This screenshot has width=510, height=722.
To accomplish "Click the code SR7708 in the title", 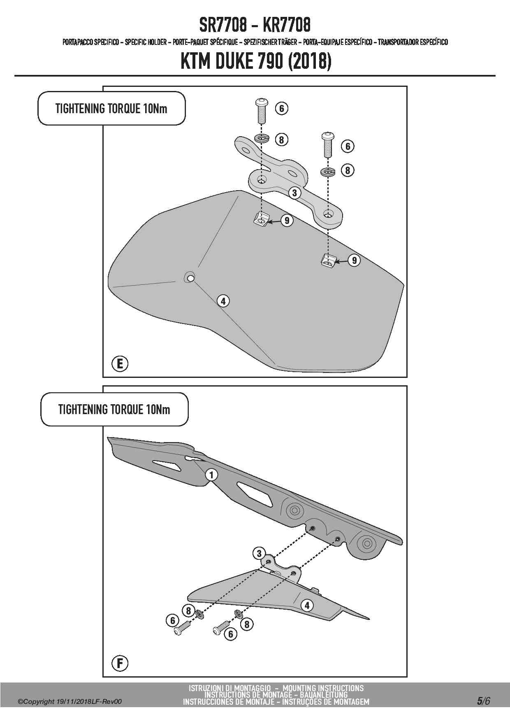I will (x=223, y=26).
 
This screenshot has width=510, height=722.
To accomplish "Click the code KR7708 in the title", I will (x=286, y=26).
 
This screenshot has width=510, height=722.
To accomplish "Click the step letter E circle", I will (x=120, y=364).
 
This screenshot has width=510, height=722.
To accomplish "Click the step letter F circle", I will (x=120, y=663).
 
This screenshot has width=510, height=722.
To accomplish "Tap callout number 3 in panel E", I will (x=294, y=192).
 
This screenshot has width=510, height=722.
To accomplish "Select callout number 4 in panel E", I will (x=223, y=301).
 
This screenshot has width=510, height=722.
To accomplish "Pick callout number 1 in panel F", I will (x=211, y=475).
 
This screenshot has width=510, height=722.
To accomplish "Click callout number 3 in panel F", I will (x=259, y=553).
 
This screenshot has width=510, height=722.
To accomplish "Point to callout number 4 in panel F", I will (x=307, y=606).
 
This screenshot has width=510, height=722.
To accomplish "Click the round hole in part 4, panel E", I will (x=190, y=278).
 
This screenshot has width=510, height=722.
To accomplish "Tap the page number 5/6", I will (x=483, y=701).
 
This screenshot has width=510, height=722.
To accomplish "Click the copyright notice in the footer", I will (x=70, y=702).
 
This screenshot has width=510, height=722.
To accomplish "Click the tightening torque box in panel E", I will (x=111, y=109).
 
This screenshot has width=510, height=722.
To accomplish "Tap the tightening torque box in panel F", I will (x=114, y=410).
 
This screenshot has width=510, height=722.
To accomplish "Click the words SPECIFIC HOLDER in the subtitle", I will (x=146, y=42).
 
